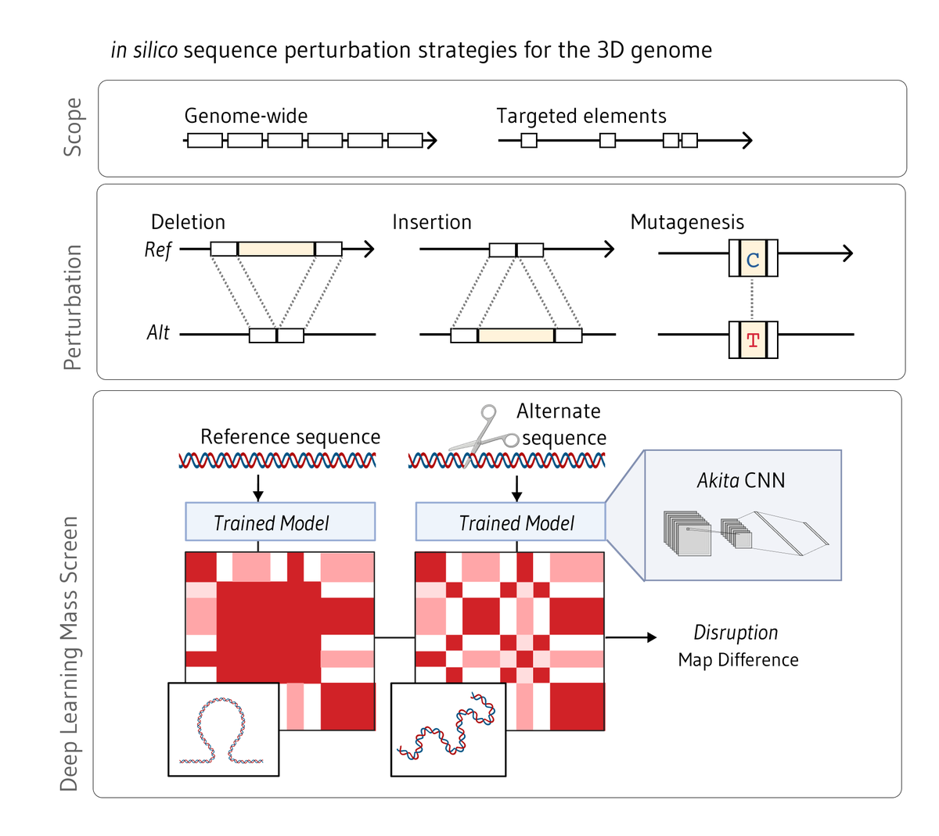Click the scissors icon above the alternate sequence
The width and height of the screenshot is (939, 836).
480,437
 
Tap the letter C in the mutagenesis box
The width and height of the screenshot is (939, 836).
753,260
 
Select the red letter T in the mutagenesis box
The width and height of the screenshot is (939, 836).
753,340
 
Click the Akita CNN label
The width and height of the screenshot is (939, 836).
741,480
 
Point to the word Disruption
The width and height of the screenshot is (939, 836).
736,632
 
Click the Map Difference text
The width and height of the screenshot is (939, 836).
738,660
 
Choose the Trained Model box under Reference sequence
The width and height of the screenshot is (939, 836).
279,522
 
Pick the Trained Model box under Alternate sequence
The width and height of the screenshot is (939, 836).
510,522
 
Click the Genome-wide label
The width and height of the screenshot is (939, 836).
246,117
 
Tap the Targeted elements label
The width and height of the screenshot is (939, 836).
581,117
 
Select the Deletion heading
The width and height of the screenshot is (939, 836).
188,222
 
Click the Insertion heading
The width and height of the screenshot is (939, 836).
432,222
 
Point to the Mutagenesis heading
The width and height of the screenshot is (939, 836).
687,222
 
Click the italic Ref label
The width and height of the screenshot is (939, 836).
157,249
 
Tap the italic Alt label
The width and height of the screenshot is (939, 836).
158,333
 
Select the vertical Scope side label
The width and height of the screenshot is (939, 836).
73,127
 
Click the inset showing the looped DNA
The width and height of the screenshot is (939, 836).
224,730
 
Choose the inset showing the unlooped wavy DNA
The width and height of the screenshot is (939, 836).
448,730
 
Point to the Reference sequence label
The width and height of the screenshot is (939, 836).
290,436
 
